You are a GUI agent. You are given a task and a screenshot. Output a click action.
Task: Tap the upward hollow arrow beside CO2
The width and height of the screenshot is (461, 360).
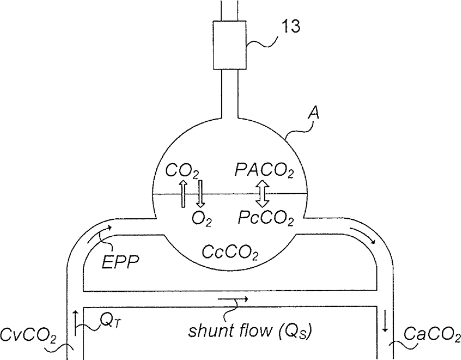click(183, 194)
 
